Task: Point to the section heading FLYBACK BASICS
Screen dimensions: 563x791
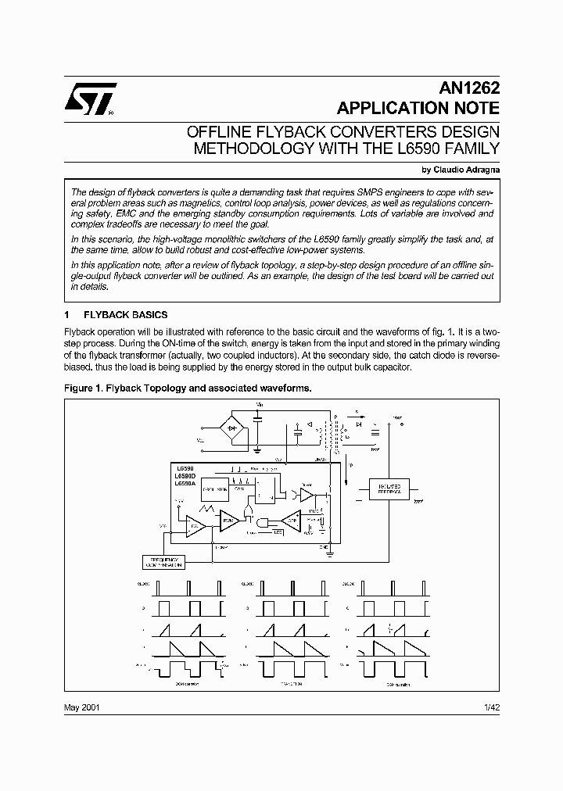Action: click(125, 315)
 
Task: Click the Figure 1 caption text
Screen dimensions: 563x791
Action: click(188, 388)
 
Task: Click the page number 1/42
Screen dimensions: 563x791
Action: click(492, 707)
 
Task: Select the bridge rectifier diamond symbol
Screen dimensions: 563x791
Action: click(232, 428)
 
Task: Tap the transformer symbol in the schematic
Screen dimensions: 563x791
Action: click(337, 435)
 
